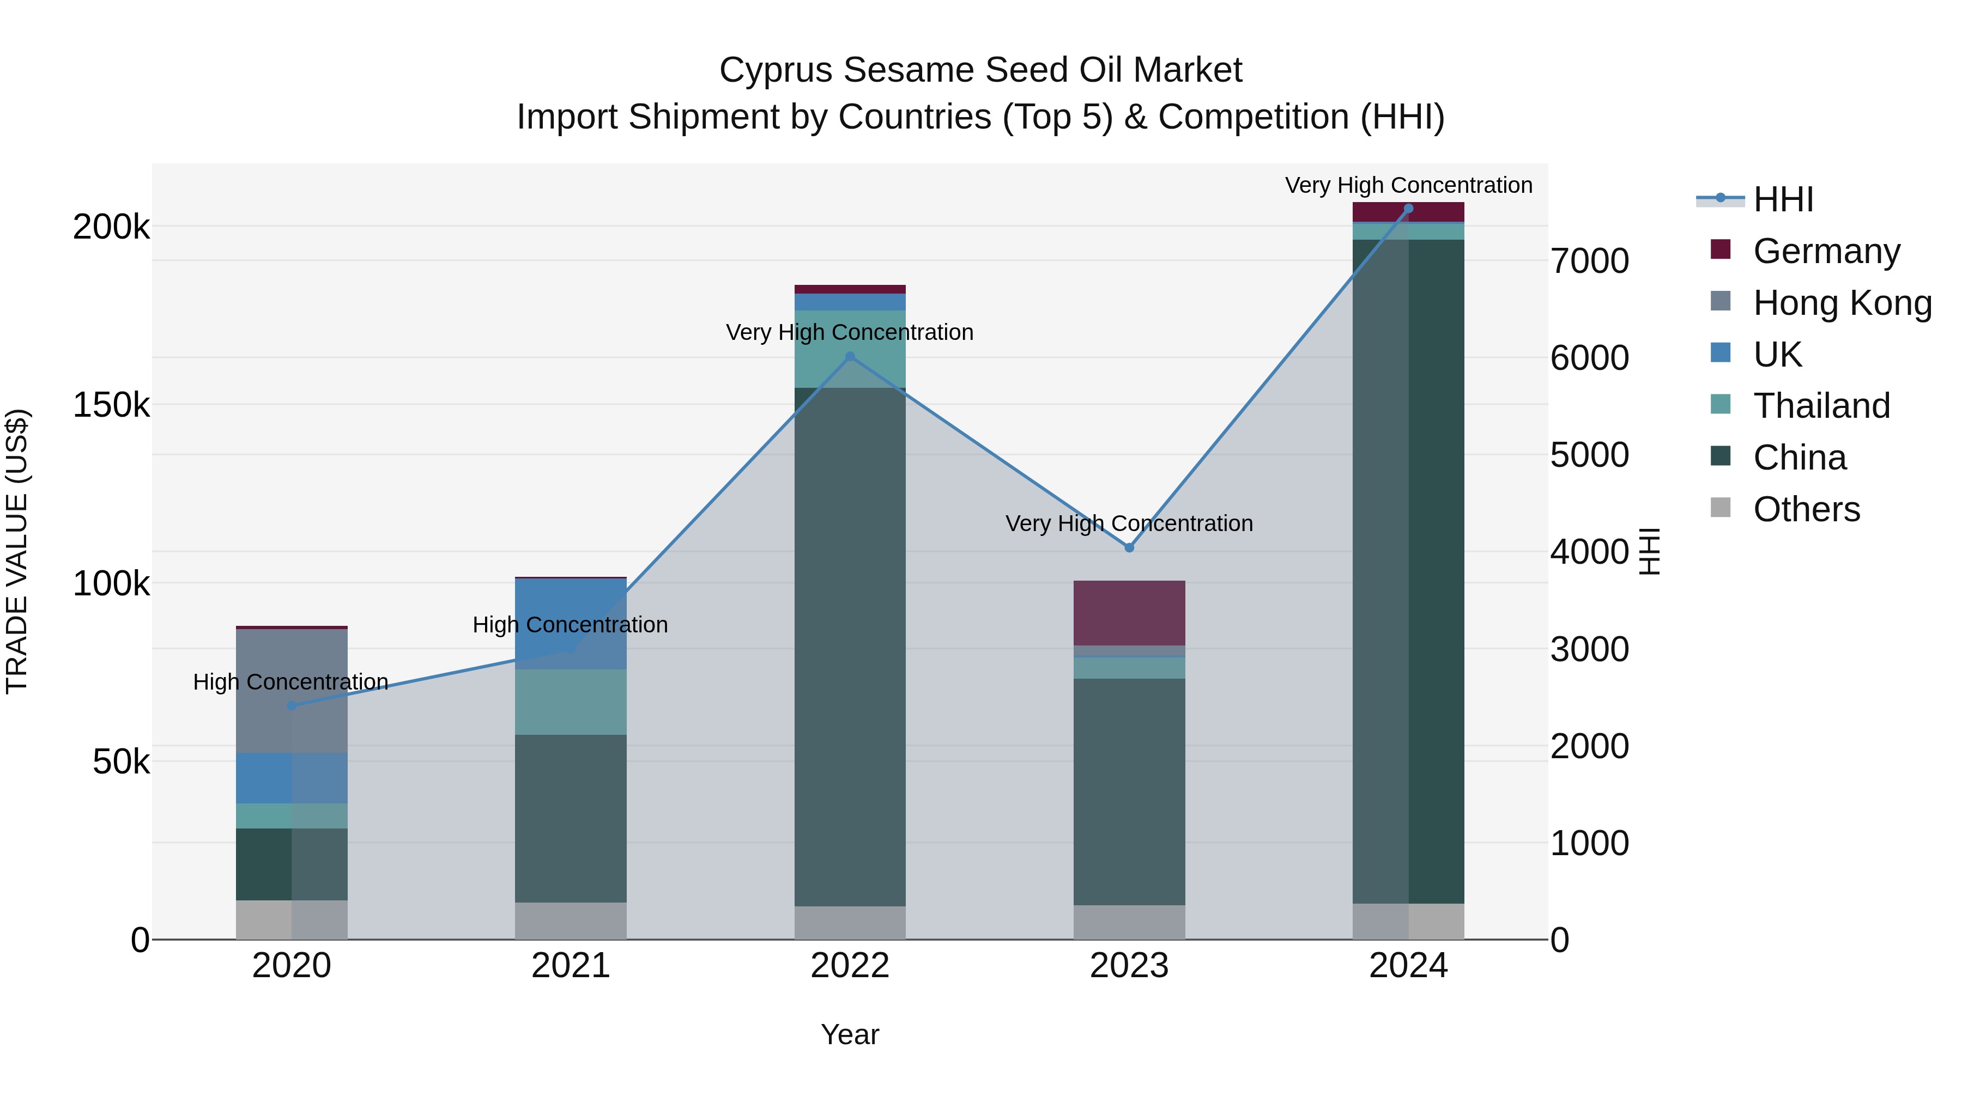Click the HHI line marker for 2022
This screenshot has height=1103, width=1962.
click(850, 356)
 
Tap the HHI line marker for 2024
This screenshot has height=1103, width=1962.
click(1408, 209)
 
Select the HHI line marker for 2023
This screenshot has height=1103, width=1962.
click(1130, 548)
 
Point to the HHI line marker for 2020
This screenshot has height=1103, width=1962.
click(292, 705)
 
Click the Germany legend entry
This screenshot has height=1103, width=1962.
click(1826, 251)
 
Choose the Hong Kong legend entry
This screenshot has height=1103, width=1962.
click(1842, 303)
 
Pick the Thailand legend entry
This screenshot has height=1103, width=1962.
click(1821, 406)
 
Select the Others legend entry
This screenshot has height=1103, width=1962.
click(1806, 509)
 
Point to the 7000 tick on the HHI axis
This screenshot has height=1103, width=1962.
click(1590, 261)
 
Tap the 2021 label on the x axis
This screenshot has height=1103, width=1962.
click(571, 966)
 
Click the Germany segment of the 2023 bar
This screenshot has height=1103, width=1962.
click(1130, 613)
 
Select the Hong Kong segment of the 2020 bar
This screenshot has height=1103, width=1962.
click(292, 691)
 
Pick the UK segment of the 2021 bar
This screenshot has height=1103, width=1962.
click(571, 624)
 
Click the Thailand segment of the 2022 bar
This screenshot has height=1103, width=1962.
click(850, 349)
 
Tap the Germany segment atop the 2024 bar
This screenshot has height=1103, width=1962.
click(1408, 212)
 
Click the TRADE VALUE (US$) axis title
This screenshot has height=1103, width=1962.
click(17, 551)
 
